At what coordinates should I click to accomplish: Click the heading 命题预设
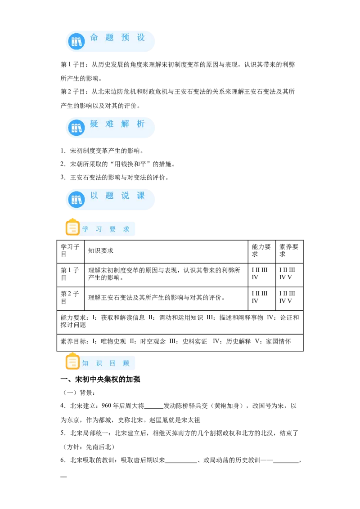(x=117, y=38)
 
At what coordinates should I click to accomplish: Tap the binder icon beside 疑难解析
(x=76, y=128)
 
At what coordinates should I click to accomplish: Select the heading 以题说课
(x=117, y=196)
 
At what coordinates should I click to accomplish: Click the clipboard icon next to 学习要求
(x=72, y=227)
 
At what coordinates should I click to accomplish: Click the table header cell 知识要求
(x=101, y=250)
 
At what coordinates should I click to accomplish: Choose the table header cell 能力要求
(x=261, y=250)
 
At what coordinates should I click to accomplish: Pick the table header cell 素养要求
(x=289, y=250)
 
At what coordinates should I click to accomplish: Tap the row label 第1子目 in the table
(x=70, y=274)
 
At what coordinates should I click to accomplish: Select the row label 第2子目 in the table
(x=70, y=297)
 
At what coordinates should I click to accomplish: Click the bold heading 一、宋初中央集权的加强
(x=100, y=380)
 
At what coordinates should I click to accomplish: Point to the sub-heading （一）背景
(x=78, y=393)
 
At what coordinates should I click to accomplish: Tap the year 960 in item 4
(x=106, y=406)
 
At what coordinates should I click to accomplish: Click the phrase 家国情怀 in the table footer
(x=279, y=341)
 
